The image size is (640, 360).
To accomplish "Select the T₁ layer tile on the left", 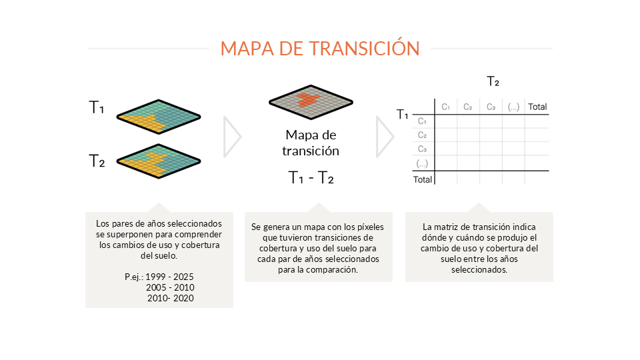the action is pyautogui.click(x=159, y=117).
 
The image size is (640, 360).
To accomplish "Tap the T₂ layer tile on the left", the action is pyautogui.click(x=159, y=161).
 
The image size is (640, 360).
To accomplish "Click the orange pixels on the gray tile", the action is pyautogui.click(x=308, y=99).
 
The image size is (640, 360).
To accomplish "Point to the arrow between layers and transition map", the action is pyautogui.click(x=232, y=137).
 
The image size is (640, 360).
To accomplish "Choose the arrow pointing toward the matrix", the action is pyautogui.click(x=385, y=137).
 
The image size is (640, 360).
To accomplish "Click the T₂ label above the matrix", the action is pyautogui.click(x=493, y=81).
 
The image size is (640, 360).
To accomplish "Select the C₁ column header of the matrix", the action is pyautogui.click(x=446, y=107).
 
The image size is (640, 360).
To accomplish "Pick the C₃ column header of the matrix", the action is pyautogui.click(x=491, y=107).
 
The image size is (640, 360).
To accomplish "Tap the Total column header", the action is pyautogui.click(x=537, y=107).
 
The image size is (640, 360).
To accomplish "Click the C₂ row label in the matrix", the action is pyautogui.click(x=422, y=135).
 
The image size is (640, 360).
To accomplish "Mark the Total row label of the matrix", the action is pyautogui.click(x=423, y=179).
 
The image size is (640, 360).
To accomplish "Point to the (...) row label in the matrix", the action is pyautogui.click(x=422, y=164).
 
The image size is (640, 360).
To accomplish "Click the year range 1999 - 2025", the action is pyautogui.click(x=169, y=277).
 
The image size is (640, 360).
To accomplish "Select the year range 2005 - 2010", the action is pyautogui.click(x=170, y=287).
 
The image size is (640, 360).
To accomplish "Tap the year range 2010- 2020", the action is pyautogui.click(x=171, y=298).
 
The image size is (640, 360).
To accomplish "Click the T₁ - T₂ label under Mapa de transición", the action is pyautogui.click(x=311, y=177).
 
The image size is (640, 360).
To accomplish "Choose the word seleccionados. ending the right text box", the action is pyautogui.click(x=479, y=269).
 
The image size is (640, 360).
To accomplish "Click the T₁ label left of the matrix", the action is pyautogui.click(x=403, y=114).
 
